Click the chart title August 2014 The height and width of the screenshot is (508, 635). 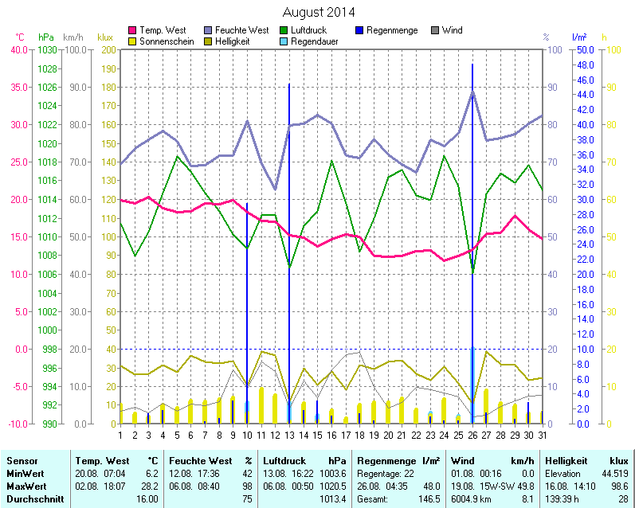pyautogui.click(x=319, y=13)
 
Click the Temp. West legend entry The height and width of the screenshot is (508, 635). pyautogui.click(x=163, y=30)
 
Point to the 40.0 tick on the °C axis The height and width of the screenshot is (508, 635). pyautogui.click(x=18, y=49)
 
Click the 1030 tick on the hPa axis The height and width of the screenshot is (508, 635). pyautogui.click(x=47, y=49)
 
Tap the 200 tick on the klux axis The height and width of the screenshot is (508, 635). pyautogui.click(x=107, y=49)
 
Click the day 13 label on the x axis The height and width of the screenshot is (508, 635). pyautogui.click(x=289, y=435)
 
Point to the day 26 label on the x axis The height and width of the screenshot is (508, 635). pyautogui.click(x=472, y=435)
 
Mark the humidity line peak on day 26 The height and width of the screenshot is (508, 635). pyautogui.click(x=472, y=92)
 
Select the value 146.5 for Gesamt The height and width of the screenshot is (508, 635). pyautogui.click(x=430, y=498)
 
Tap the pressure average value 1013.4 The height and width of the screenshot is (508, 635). pyautogui.click(x=333, y=498)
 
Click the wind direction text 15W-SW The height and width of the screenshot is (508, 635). pyautogui.click(x=497, y=486)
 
